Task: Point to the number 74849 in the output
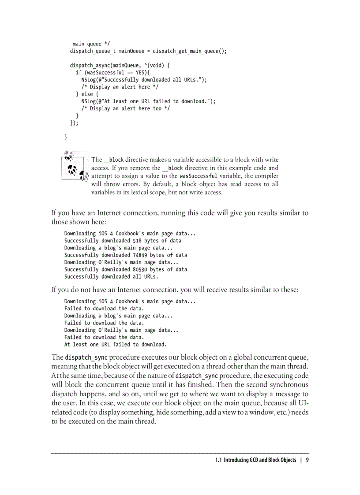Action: tap(141, 255)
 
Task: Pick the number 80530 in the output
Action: tap(141, 269)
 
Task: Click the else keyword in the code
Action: tap(87, 94)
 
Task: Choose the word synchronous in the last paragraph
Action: tap(287, 385)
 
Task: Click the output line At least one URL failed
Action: tap(115, 344)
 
